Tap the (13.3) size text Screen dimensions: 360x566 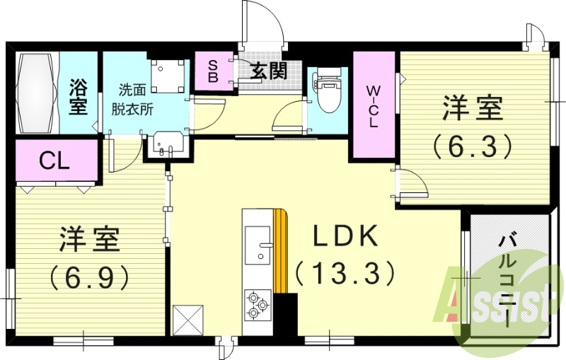343,272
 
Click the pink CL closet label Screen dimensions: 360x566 54,161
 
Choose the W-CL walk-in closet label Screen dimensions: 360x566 373,106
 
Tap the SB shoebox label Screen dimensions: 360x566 212,69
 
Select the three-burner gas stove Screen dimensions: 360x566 258,305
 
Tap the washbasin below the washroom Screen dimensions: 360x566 167,147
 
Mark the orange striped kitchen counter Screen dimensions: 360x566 282,251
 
